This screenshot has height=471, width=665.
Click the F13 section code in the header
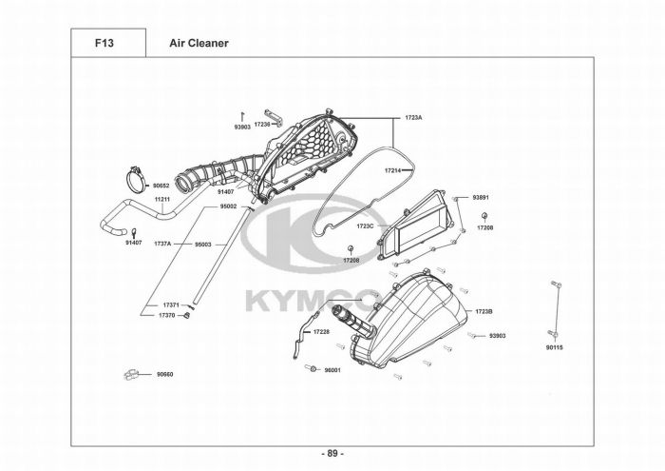click(x=104, y=43)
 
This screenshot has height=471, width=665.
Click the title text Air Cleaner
click(x=199, y=43)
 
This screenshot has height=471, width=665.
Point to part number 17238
click(x=262, y=125)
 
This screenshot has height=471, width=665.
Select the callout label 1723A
click(x=413, y=117)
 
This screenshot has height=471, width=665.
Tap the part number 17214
click(x=392, y=170)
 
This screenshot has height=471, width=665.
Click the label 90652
click(x=161, y=186)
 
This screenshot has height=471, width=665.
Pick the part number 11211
click(x=161, y=200)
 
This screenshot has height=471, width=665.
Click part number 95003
click(x=202, y=244)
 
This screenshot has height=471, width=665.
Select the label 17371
click(x=170, y=305)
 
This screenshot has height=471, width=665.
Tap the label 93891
click(x=481, y=197)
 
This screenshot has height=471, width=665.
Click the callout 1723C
click(x=365, y=226)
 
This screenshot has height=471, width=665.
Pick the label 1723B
click(x=483, y=311)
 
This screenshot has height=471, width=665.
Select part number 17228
click(x=321, y=331)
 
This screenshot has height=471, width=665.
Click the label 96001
click(x=332, y=369)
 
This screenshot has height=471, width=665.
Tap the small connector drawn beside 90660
click(x=132, y=374)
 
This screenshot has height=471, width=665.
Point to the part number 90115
click(x=555, y=347)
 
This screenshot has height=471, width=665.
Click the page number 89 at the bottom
click(x=332, y=453)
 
